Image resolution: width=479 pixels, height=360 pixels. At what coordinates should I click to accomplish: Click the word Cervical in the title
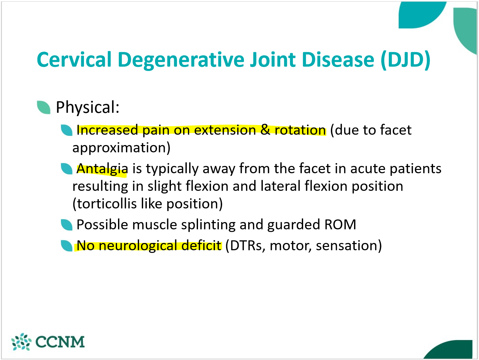pyautogui.click(x=74, y=60)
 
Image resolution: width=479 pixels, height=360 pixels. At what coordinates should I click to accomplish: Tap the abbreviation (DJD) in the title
pyautogui.click(x=405, y=60)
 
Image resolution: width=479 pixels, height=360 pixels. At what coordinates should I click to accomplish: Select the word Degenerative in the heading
pyautogui.click(x=180, y=60)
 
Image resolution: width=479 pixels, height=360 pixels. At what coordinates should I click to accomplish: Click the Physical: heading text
pyautogui.click(x=88, y=107)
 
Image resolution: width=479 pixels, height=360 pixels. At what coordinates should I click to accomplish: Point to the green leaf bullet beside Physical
pyautogui.click(x=44, y=107)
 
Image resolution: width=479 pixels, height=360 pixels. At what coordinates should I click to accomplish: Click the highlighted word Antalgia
pyautogui.click(x=102, y=169)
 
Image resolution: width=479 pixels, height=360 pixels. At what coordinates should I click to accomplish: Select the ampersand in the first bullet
pyautogui.click(x=265, y=130)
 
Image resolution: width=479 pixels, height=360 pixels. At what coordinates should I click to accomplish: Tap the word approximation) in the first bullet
pyautogui.click(x=121, y=147)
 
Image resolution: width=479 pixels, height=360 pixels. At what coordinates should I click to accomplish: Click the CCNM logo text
pyautogui.click(x=60, y=342)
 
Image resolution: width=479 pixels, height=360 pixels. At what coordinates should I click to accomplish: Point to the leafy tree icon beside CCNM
pyautogui.click(x=21, y=342)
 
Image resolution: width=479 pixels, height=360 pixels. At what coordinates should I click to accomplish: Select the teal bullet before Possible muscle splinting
pyautogui.click(x=67, y=225)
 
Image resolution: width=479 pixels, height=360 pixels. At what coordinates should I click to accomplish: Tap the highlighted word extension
pyautogui.click(x=225, y=130)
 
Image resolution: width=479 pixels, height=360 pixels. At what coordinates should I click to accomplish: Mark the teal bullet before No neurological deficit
pyautogui.click(x=67, y=246)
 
